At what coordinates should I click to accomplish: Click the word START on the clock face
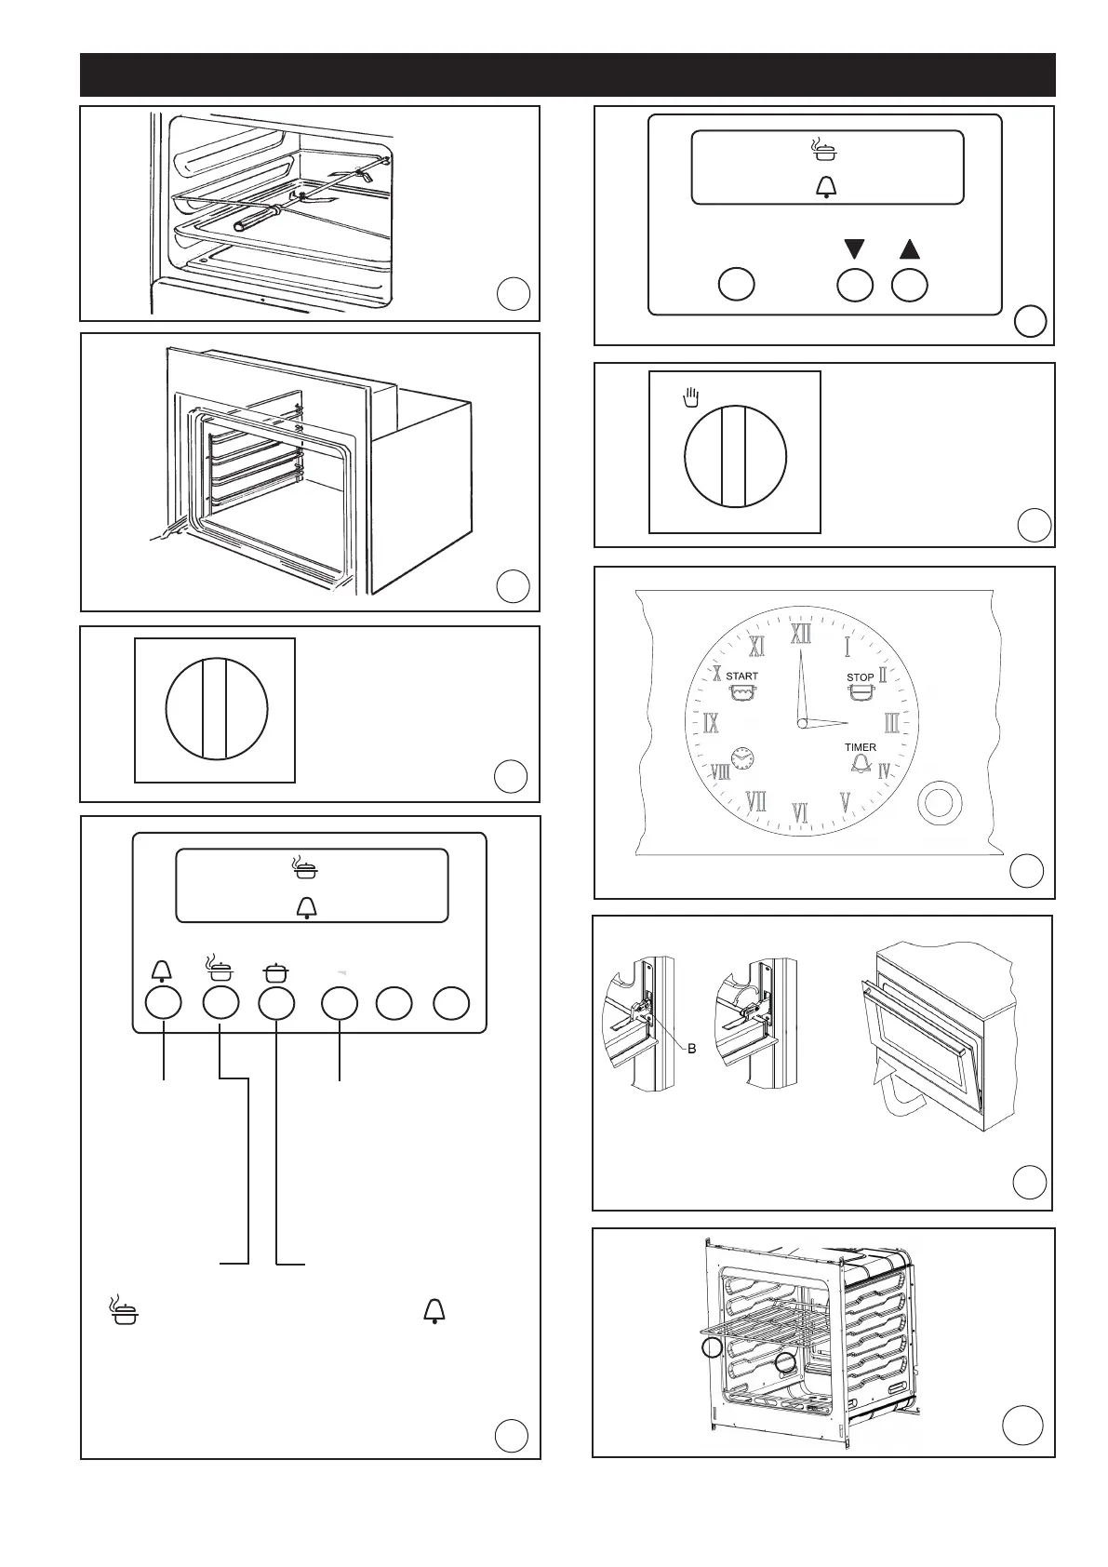[741, 676]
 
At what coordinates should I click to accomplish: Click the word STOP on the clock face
[860, 677]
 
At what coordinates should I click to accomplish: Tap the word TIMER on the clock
[860, 747]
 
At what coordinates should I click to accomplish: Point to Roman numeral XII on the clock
[800, 635]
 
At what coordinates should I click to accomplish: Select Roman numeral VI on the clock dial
[799, 812]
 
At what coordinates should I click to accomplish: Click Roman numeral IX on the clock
[711, 723]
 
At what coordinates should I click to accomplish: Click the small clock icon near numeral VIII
[741, 758]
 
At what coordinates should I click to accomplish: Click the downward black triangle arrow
[855, 249]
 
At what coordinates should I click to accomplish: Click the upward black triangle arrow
[910, 249]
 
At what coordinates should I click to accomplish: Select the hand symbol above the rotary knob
[690, 398]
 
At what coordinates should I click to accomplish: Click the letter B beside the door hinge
[691, 1049]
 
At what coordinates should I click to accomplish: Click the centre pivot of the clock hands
[800, 723]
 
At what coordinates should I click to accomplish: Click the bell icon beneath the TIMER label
[860, 764]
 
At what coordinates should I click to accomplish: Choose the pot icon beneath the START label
[741, 694]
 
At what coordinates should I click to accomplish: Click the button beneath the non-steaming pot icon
[276, 1003]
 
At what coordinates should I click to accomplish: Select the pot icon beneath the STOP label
[861, 693]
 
